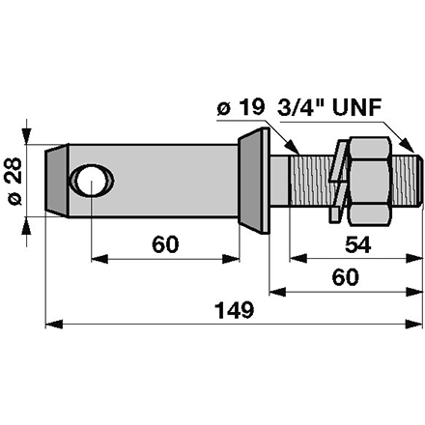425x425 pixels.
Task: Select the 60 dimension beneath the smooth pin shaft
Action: pyautogui.click(x=166, y=245)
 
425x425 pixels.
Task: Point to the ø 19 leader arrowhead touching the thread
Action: pyautogui.click(x=293, y=145)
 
